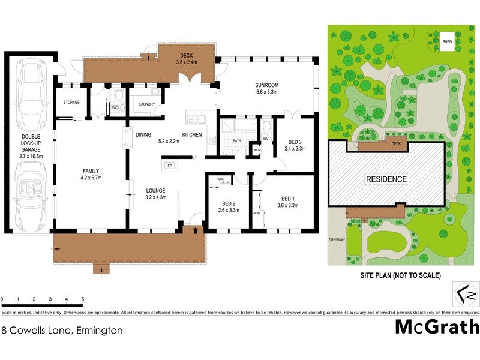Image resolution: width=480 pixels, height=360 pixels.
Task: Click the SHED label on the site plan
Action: tap(447, 42)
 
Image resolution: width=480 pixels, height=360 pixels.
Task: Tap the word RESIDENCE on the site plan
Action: tap(387, 179)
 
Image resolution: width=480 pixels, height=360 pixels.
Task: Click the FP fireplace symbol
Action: tap(169, 165)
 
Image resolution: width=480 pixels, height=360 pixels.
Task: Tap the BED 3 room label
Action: tap(295, 141)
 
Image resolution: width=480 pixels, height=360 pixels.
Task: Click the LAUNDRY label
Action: tap(146, 104)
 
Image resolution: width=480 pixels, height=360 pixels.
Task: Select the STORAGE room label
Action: tap(71, 103)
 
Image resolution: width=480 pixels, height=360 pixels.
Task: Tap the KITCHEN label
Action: tap(192, 134)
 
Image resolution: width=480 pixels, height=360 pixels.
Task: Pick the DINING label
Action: tap(143, 134)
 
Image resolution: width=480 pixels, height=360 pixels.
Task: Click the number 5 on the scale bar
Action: tap(82, 298)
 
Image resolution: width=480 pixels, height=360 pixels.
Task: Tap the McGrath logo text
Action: tap(437, 327)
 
